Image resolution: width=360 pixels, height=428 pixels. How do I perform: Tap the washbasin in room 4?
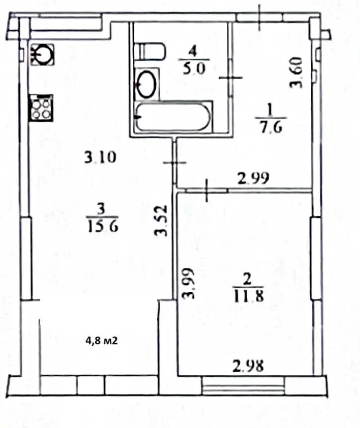point(147,84)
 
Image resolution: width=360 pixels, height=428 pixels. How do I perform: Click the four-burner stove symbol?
point(41,108)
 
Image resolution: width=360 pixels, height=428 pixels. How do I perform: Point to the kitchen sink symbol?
point(42,55)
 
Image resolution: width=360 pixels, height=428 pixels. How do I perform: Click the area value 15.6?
point(102,226)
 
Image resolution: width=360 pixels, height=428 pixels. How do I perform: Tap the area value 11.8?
point(248,295)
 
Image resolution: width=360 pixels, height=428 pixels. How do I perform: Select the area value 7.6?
point(271,127)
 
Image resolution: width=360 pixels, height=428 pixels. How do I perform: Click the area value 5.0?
point(193,69)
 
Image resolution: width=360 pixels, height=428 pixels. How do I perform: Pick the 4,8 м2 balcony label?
point(101,341)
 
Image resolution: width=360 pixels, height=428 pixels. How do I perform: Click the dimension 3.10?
point(100,157)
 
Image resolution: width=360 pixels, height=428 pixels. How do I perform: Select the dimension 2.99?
point(253,178)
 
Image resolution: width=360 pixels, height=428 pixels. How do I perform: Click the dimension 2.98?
point(248,366)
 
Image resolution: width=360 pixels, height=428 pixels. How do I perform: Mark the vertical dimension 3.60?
point(296,72)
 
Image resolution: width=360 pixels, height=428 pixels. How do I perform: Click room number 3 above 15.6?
point(101,209)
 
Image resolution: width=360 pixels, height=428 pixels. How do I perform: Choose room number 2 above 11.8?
point(247,279)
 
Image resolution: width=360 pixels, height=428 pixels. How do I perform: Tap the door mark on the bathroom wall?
point(231,78)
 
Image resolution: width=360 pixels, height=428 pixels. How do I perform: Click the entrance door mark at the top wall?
point(260,17)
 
